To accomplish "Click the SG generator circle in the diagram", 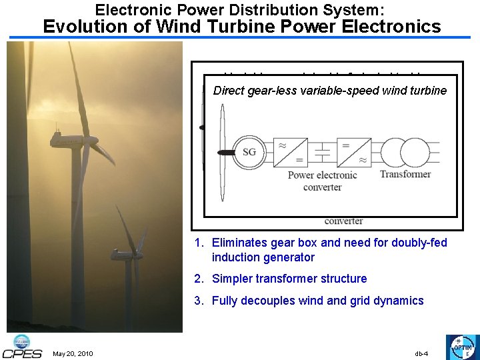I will (249, 153).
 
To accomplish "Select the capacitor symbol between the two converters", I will (322, 153).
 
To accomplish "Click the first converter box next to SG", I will (291, 153).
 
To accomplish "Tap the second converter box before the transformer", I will (353, 153).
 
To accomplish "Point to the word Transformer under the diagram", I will (405, 174).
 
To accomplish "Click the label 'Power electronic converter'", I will (322, 181).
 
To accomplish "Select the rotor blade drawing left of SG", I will (222, 153).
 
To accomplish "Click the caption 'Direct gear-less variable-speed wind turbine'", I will (329, 90).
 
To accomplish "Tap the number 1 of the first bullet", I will (198, 243).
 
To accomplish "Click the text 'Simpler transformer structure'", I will (289, 279).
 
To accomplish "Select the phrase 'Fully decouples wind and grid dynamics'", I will (317, 301).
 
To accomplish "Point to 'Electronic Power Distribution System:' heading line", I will (239, 9).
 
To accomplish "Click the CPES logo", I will (22, 346).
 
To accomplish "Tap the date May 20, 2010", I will (73, 353).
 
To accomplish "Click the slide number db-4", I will (421, 353).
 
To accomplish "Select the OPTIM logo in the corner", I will (461, 347).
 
